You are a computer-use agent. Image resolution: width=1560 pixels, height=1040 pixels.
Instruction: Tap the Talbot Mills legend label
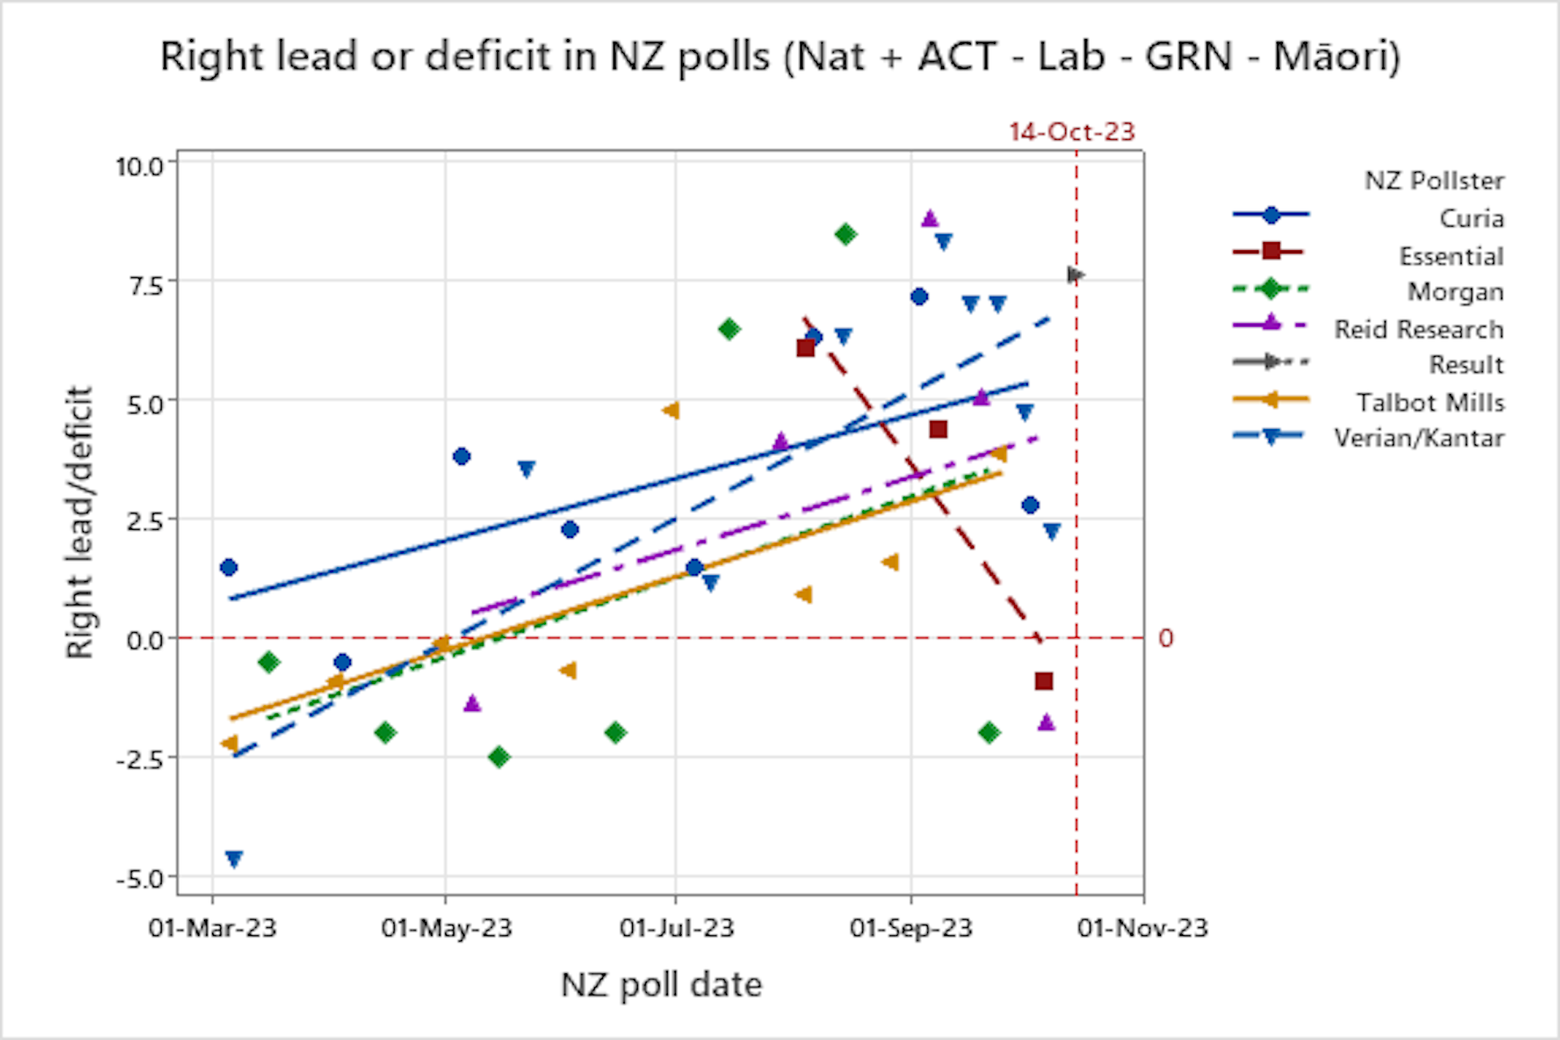pos(1430,402)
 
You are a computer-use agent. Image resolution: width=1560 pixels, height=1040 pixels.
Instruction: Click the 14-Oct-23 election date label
pos(1071,132)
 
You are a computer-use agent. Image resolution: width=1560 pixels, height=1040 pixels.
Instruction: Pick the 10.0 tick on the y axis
pos(140,167)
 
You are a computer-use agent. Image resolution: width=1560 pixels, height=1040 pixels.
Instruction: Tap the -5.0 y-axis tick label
pos(140,878)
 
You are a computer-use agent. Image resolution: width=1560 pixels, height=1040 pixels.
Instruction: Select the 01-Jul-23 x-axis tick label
pos(677,928)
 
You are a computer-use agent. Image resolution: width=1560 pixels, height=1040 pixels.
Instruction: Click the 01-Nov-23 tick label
pos(1142,928)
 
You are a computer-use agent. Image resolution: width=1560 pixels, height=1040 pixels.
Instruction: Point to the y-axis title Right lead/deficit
pos(80,522)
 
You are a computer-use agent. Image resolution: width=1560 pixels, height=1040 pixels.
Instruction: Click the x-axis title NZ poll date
pos(661,985)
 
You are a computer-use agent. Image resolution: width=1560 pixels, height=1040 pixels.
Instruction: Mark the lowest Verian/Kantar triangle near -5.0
pos(234,859)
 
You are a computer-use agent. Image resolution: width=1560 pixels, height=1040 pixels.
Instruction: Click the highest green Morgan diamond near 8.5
pos(845,235)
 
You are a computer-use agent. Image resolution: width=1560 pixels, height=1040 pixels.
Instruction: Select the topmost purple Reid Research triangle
pos(930,219)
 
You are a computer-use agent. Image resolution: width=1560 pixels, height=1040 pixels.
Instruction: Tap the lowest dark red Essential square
pos(1044,681)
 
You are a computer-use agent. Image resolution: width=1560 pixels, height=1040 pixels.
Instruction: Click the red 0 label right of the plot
pos(1165,639)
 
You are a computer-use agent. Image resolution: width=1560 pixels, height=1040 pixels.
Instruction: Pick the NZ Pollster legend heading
pos(1434,180)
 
